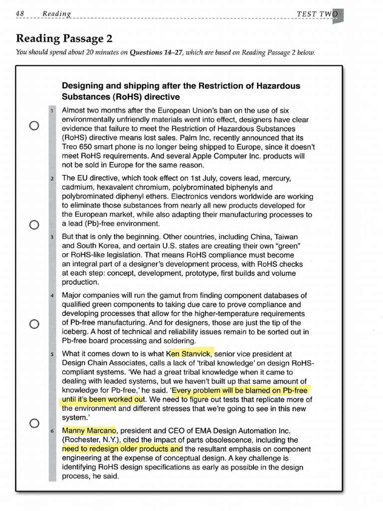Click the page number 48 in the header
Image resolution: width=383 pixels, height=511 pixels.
[21, 13]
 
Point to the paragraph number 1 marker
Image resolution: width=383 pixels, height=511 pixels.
[52, 110]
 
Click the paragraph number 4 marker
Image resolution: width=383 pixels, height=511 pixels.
[52, 296]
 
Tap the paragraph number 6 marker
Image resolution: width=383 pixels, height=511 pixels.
[52, 431]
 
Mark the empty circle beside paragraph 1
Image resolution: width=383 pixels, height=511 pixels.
[34, 125]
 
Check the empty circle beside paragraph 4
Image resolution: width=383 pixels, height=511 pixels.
[34, 324]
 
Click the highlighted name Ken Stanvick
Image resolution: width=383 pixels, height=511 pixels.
[189, 354]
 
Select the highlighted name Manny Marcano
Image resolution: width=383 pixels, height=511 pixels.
[89, 430]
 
